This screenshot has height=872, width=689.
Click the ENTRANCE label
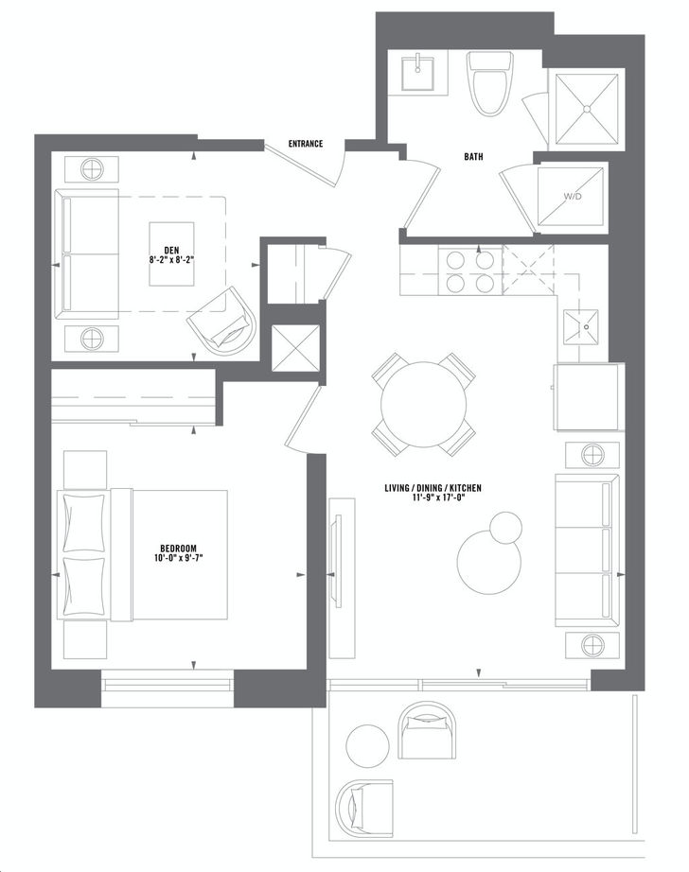tap(306, 144)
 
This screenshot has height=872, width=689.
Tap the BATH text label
tap(475, 157)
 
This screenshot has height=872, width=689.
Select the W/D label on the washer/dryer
tap(572, 198)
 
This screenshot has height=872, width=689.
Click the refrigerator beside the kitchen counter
tap(586, 396)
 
